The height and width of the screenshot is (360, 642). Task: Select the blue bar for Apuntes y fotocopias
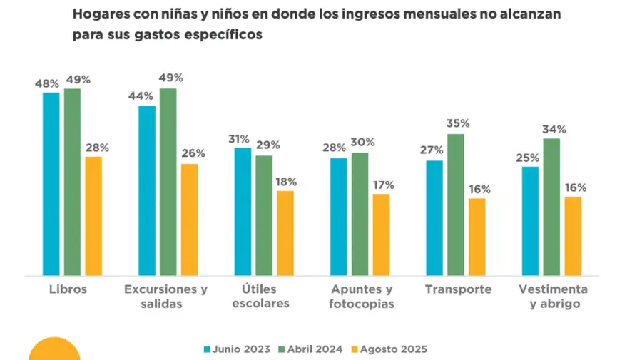click(339, 217)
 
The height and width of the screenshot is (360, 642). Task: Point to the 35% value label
click(457, 123)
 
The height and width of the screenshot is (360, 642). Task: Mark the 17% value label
click(382, 185)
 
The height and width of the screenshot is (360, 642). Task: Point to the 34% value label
click(554, 129)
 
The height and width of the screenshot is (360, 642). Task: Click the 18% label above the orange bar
click(285, 181)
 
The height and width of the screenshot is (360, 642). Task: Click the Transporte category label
click(458, 289)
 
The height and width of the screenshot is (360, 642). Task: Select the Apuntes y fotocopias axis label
click(362, 297)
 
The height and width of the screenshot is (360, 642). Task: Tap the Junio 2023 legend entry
click(237, 349)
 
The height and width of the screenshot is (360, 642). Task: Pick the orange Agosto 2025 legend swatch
click(353, 349)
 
